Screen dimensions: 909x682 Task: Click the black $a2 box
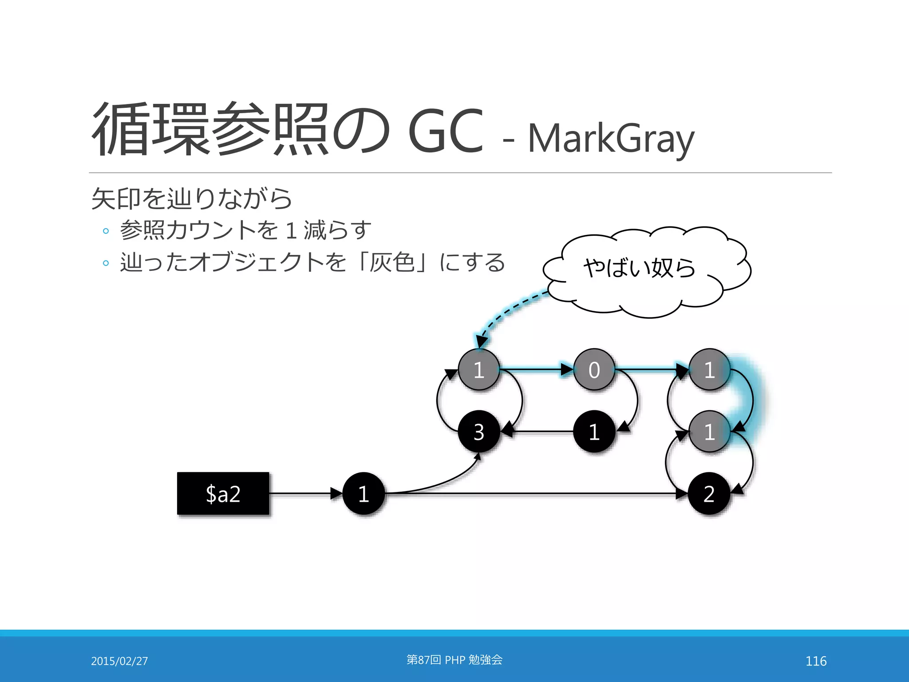tap(223, 493)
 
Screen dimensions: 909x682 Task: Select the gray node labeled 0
tap(594, 369)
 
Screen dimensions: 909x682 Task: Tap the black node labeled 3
tap(478, 431)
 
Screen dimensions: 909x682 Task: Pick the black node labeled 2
tap(709, 493)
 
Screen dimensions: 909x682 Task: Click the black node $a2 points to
tap(364, 493)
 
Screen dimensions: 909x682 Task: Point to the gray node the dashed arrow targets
tap(478, 369)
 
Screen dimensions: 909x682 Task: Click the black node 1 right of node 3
tap(594, 431)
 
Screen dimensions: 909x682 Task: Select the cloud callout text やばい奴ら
tap(639, 268)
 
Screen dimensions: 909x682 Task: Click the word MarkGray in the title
tap(611, 139)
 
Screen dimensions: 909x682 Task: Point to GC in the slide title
tap(445, 131)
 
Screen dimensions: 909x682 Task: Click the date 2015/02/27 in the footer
tap(119, 661)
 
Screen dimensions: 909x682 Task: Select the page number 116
tap(816, 661)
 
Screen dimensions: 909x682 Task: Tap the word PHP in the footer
tap(454, 660)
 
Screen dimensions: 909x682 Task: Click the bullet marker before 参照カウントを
tap(106, 231)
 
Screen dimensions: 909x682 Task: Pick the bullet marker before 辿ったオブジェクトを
tap(106, 263)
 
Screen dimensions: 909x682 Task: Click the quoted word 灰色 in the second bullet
tap(392, 262)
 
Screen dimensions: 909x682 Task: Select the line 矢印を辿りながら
tap(191, 198)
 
